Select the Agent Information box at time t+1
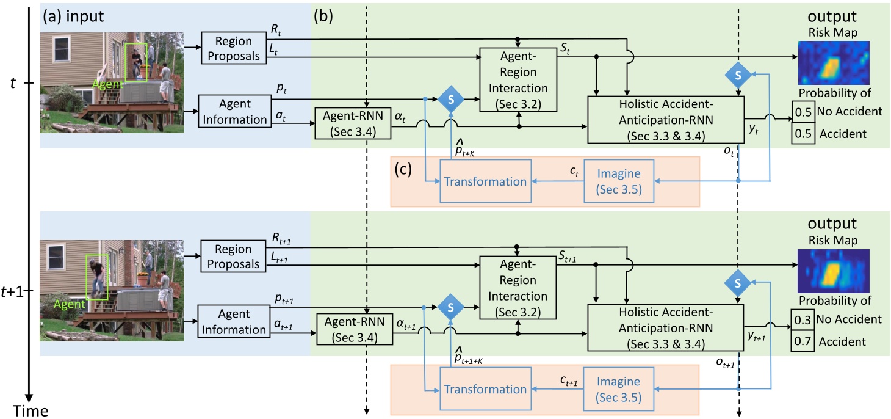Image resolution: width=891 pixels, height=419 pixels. [x=234, y=322]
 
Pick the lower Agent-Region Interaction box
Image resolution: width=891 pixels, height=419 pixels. [x=518, y=288]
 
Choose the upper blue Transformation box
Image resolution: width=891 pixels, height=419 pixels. [x=485, y=181]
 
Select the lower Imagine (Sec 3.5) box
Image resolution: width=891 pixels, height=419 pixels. [x=619, y=389]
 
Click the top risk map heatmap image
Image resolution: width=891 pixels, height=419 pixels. [x=834, y=63]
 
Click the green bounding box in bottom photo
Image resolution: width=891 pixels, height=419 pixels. [x=96, y=277]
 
